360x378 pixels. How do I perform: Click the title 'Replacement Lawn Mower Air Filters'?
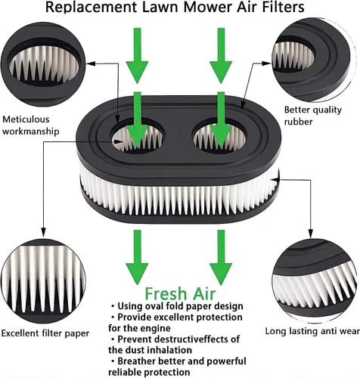click(x=175, y=7)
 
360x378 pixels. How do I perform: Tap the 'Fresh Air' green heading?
click(x=180, y=293)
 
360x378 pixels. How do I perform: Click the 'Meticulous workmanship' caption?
click(x=31, y=125)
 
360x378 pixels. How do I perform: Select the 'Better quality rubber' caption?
click(x=313, y=116)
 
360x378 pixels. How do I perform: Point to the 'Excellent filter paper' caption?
click(x=45, y=333)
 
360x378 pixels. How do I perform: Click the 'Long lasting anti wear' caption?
click(x=312, y=331)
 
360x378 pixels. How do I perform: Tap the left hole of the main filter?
click(x=138, y=138)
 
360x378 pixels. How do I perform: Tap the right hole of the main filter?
click(x=219, y=138)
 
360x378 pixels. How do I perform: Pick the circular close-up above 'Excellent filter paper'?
click(x=43, y=281)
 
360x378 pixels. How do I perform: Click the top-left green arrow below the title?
click(x=137, y=55)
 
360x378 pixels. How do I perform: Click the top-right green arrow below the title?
click(x=221, y=55)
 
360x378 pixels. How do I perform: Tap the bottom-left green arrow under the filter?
click(x=137, y=257)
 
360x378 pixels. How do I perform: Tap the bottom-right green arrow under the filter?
click(x=221, y=257)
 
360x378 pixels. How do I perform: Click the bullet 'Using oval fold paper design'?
click(x=176, y=306)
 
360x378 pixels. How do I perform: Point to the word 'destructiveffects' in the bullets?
click(x=187, y=339)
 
